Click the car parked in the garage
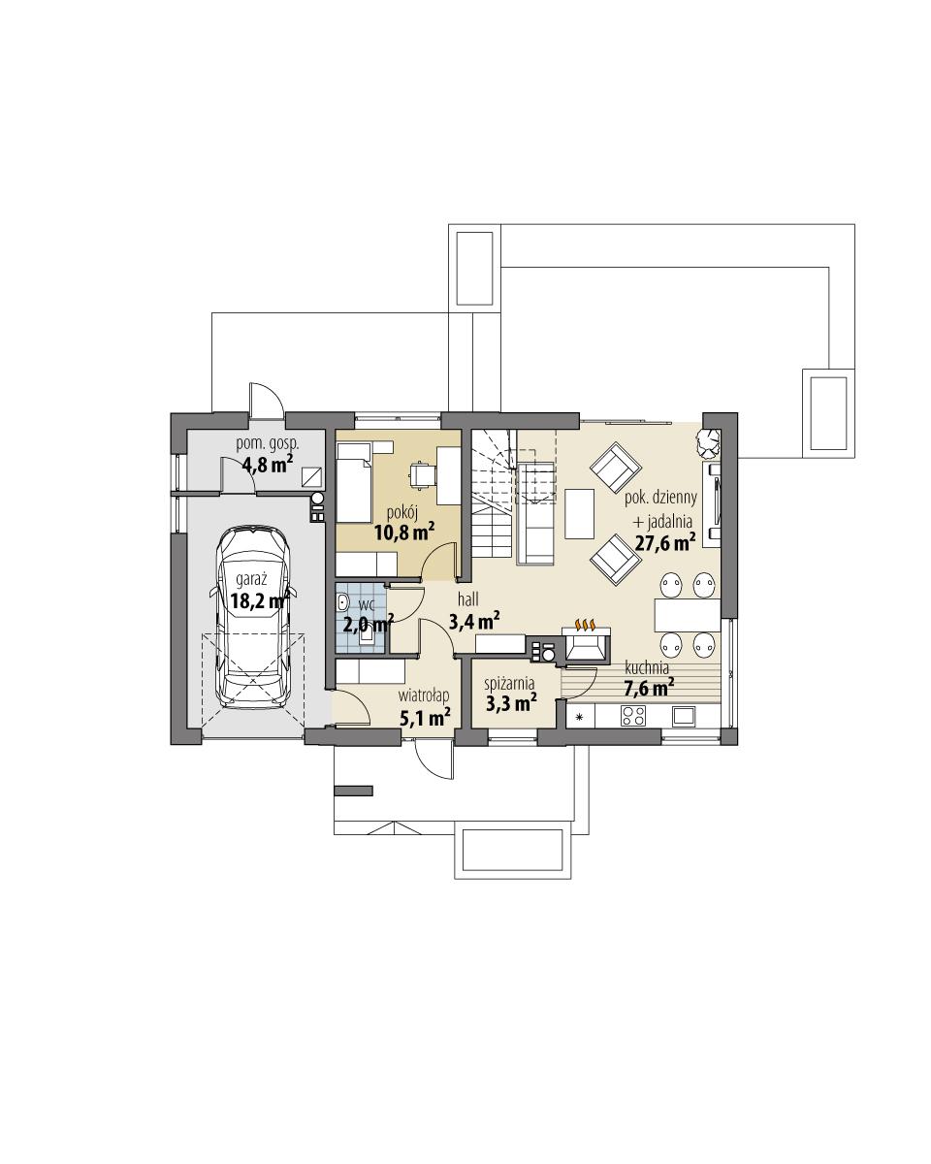click(x=252, y=621)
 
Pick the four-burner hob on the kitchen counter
click(x=633, y=717)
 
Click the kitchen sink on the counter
click(x=684, y=717)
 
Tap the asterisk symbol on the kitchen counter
click(x=580, y=718)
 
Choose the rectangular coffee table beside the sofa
click(x=580, y=514)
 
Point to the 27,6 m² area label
click(x=664, y=544)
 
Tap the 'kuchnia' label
click(x=647, y=668)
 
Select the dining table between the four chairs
click(x=688, y=614)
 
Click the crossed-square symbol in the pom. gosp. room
click(x=311, y=476)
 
